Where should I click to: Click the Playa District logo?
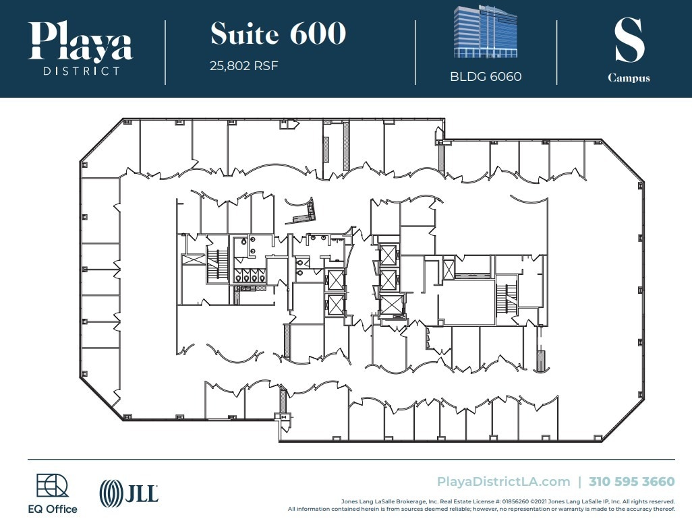pyautogui.click(x=81, y=49)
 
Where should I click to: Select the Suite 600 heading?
pyautogui.click(x=278, y=33)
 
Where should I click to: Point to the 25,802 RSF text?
pyautogui.click(x=244, y=66)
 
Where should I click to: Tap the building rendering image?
pyautogui.click(x=486, y=32)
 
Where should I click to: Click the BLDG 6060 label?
pyautogui.click(x=486, y=76)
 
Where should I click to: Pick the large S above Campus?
pyautogui.click(x=629, y=40)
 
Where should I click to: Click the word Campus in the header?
pyautogui.click(x=629, y=77)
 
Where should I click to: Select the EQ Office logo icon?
pyautogui.click(x=52, y=486)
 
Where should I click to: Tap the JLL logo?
pyautogui.click(x=129, y=493)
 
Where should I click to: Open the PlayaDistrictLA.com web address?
pyautogui.click(x=503, y=481)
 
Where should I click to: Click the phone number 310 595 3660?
pyautogui.click(x=631, y=481)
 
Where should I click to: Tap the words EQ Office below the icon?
pyautogui.click(x=57, y=509)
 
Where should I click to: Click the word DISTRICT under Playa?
pyautogui.click(x=81, y=70)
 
